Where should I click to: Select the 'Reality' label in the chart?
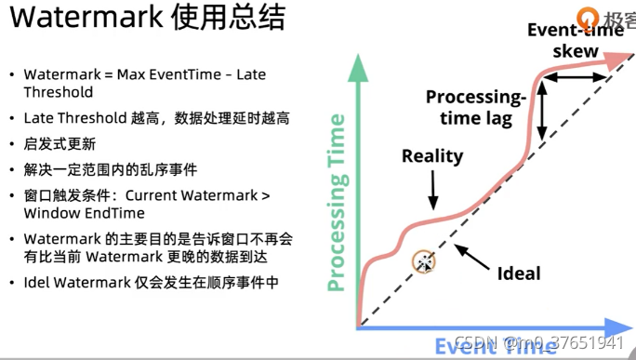432,155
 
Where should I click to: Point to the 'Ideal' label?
519,273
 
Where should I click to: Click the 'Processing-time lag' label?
475,107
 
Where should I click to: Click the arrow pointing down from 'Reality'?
432,191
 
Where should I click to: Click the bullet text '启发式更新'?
60,144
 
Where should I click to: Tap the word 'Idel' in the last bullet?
39,282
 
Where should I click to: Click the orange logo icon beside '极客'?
587,17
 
